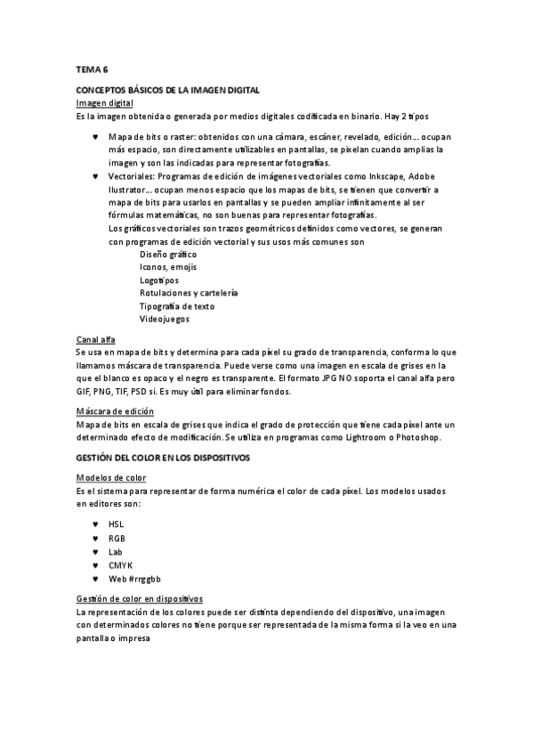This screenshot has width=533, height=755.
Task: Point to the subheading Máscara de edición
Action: [x=115, y=411]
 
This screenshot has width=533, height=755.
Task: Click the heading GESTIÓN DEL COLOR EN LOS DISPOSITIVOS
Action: [x=163, y=457]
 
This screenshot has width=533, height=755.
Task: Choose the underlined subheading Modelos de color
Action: [x=111, y=478]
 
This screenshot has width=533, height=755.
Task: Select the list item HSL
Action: [x=117, y=525]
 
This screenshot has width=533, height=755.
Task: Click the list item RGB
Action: [x=117, y=539]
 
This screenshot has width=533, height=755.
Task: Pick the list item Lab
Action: [x=116, y=552]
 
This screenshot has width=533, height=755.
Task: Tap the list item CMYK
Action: [x=119, y=565]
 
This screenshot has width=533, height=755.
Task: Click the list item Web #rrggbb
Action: [x=135, y=579]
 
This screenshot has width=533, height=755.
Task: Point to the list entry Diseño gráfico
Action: [x=168, y=255]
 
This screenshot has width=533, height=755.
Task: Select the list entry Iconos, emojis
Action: [x=168, y=267]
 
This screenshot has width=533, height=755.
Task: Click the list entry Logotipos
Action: [x=159, y=280]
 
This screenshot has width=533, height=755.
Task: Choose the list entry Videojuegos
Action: [x=164, y=319]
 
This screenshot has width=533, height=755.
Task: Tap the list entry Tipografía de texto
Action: [x=177, y=306]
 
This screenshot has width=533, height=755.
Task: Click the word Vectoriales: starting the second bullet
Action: [x=131, y=177]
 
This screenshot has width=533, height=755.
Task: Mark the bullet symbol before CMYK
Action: [x=95, y=565]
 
